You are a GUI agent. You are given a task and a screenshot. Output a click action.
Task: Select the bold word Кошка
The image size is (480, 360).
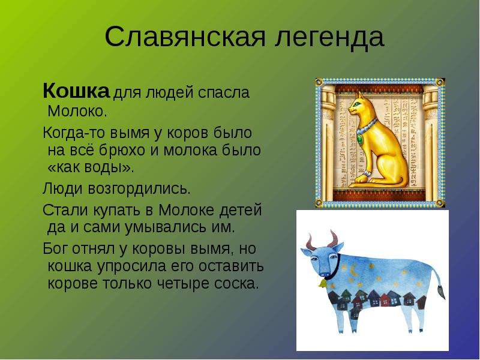click(76, 91)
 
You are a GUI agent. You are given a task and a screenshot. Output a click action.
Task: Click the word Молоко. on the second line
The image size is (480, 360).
click(77, 111)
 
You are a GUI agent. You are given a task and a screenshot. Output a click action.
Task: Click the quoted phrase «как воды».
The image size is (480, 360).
click(91, 168)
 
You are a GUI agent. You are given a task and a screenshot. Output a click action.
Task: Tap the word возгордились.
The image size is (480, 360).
click(139, 189)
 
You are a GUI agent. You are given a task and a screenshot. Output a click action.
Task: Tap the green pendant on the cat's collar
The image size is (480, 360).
click(359, 139)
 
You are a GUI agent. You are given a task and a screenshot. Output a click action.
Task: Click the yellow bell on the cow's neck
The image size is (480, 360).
click(322, 283)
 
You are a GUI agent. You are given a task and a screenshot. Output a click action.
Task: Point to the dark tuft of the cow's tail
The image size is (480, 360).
click(442, 292)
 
